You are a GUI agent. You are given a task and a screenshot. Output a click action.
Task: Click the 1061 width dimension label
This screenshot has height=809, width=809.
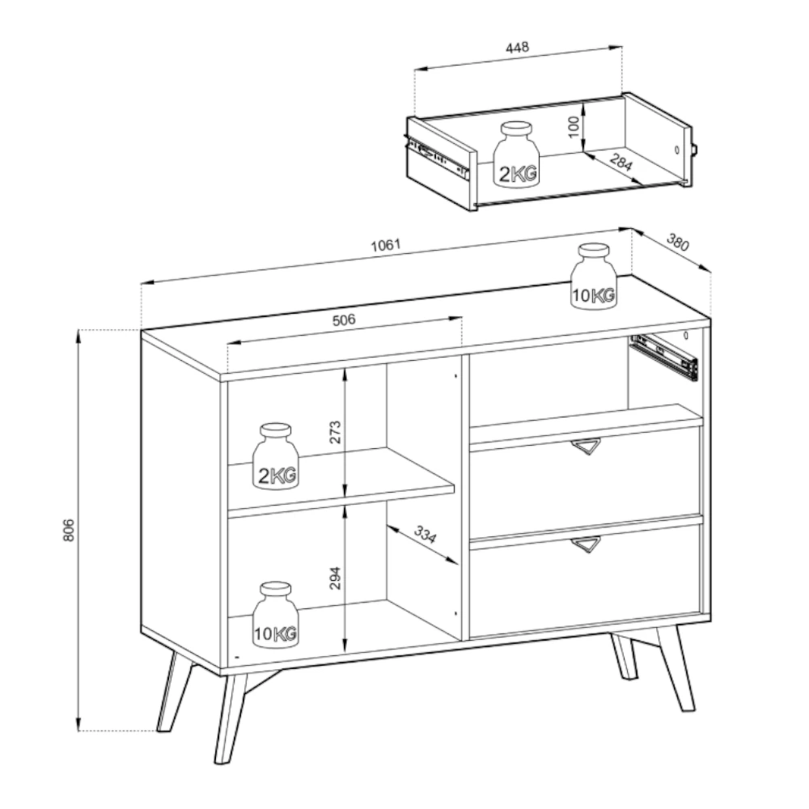point(386,245)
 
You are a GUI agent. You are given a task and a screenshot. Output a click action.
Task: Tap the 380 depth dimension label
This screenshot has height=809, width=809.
point(678,242)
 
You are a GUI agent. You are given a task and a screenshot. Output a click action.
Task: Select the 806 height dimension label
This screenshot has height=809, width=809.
point(69,531)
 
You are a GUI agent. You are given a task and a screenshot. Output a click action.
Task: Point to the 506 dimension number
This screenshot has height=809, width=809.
point(344,320)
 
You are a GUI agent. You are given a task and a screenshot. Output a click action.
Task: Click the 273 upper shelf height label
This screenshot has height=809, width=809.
point(336,432)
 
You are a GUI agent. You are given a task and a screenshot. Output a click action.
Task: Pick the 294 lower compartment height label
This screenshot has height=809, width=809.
point(336,578)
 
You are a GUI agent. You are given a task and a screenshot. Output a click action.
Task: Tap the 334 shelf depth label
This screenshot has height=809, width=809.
point(426,535)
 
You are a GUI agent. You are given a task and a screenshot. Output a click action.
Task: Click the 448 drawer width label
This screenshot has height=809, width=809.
point(517,48)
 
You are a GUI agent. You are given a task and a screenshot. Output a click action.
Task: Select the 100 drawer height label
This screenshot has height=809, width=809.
point(574,127)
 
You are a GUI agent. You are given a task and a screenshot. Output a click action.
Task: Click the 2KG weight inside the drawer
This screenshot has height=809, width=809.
point(516,155)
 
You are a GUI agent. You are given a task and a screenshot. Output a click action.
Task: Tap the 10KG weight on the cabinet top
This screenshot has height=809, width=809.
point(594,277)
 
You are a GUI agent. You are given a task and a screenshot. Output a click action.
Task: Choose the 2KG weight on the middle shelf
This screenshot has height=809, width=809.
point(276,456)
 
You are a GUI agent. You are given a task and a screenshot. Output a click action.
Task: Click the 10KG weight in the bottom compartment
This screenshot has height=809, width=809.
point(276,615)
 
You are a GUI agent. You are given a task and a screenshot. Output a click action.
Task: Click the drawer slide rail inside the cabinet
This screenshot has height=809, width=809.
point(664,357)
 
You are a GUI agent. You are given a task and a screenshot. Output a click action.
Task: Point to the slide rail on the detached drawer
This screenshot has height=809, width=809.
point(437,155)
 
